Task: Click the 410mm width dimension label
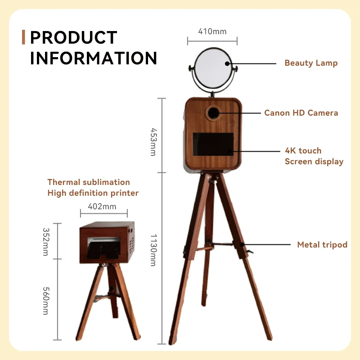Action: [x=212, y=31]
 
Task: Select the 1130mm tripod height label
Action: [x=153, y=250]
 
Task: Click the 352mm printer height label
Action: [x=45, y=242]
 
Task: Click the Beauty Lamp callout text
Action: [x=310, y=63]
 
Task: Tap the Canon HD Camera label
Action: [x=301, y=113]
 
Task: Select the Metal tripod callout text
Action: [x=322, y=245]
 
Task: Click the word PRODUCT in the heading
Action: [x=74, y=38]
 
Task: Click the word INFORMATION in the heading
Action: [x=94, y=58]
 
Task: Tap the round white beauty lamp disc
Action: [x=213, y=68]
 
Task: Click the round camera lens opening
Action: [x=213, y=112]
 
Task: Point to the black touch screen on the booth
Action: [x=213, y=150]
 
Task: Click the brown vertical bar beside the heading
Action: [x=23, y=38]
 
